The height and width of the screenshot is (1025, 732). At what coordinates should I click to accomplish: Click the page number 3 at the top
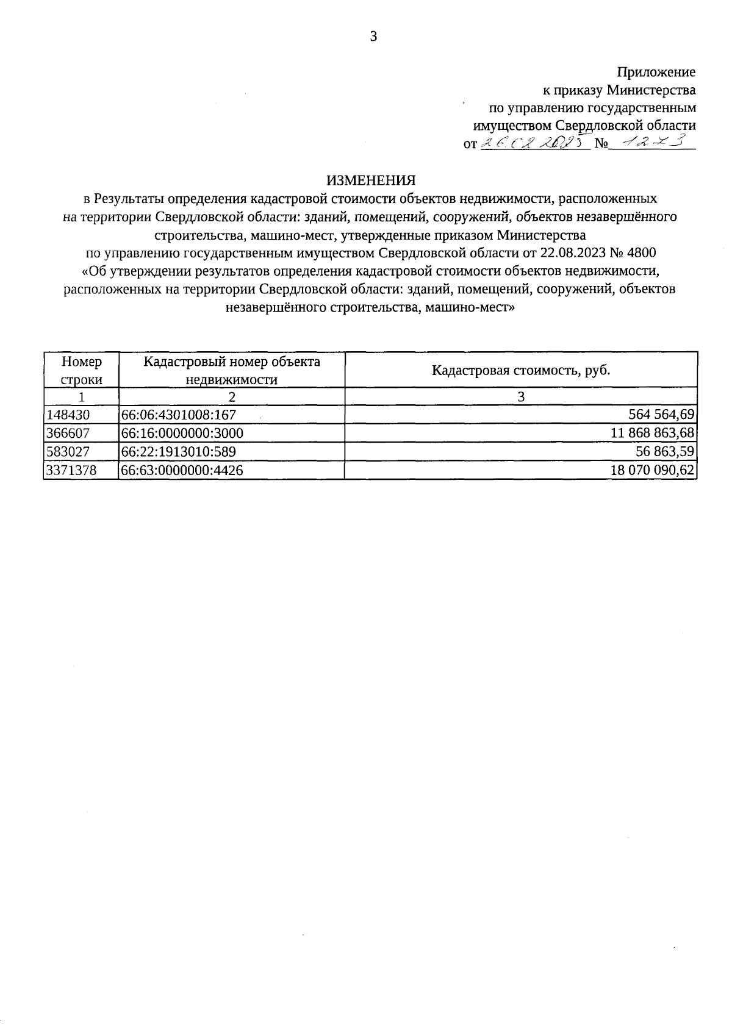[x=373, y=37]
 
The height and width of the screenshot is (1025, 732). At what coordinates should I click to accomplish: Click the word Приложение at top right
[x=656, y=72]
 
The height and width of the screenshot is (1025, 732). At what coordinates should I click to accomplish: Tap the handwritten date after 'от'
[x=534, y=143]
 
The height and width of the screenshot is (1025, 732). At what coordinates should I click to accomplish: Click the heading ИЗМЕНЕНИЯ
[x=370, y=180]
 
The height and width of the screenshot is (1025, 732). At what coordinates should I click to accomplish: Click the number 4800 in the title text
[x=644, y=252]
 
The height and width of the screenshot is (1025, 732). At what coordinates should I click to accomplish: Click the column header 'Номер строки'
[x=81, y=370]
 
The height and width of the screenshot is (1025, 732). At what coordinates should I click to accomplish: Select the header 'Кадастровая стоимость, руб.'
[x=521, y=370]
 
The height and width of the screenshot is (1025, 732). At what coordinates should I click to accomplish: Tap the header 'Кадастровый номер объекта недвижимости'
[x=231, y=370]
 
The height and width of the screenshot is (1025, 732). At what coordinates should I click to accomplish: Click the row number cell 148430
[x=68, y=415]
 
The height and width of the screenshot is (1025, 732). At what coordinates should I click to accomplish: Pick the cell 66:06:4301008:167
[x=179, y=415]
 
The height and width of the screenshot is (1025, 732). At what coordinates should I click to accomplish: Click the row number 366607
[x=68, y=434]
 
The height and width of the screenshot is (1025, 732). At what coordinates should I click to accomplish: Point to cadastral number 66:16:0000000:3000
[x=182, y=434]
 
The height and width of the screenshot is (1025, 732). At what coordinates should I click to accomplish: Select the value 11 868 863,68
[x=652, y=434]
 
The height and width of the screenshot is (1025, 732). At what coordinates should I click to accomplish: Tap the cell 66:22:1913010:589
[x=179, y=452]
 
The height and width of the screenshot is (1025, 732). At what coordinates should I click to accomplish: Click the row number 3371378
[x=71, y=470]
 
